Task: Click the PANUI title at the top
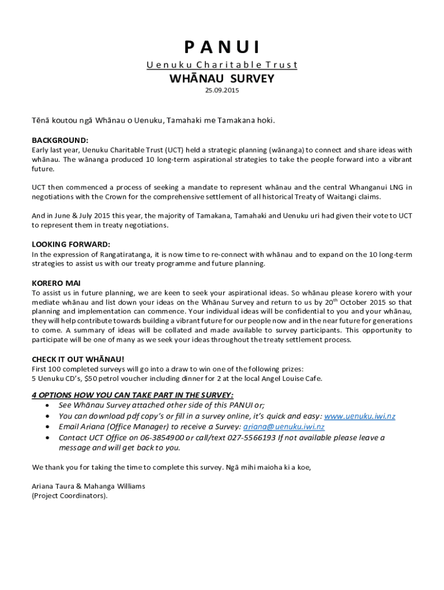click(x=222, y=47)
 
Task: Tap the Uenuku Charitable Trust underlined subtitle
click(x=222, y=65)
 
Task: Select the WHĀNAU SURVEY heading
click(x=222, y=78)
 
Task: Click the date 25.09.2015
click(x=222, y=90)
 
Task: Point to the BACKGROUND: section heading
click(x=60, y=140)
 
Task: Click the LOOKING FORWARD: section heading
click(x=71, y=244)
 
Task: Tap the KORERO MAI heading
click(x=56, y=283)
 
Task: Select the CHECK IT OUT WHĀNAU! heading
click(x=78, y=359)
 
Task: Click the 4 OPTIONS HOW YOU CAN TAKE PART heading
click(x=133, y=395)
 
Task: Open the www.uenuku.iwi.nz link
click(x=360, y=417)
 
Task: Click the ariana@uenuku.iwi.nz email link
click(x=284, y=427)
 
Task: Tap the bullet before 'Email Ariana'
click(x=47, y=427)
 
